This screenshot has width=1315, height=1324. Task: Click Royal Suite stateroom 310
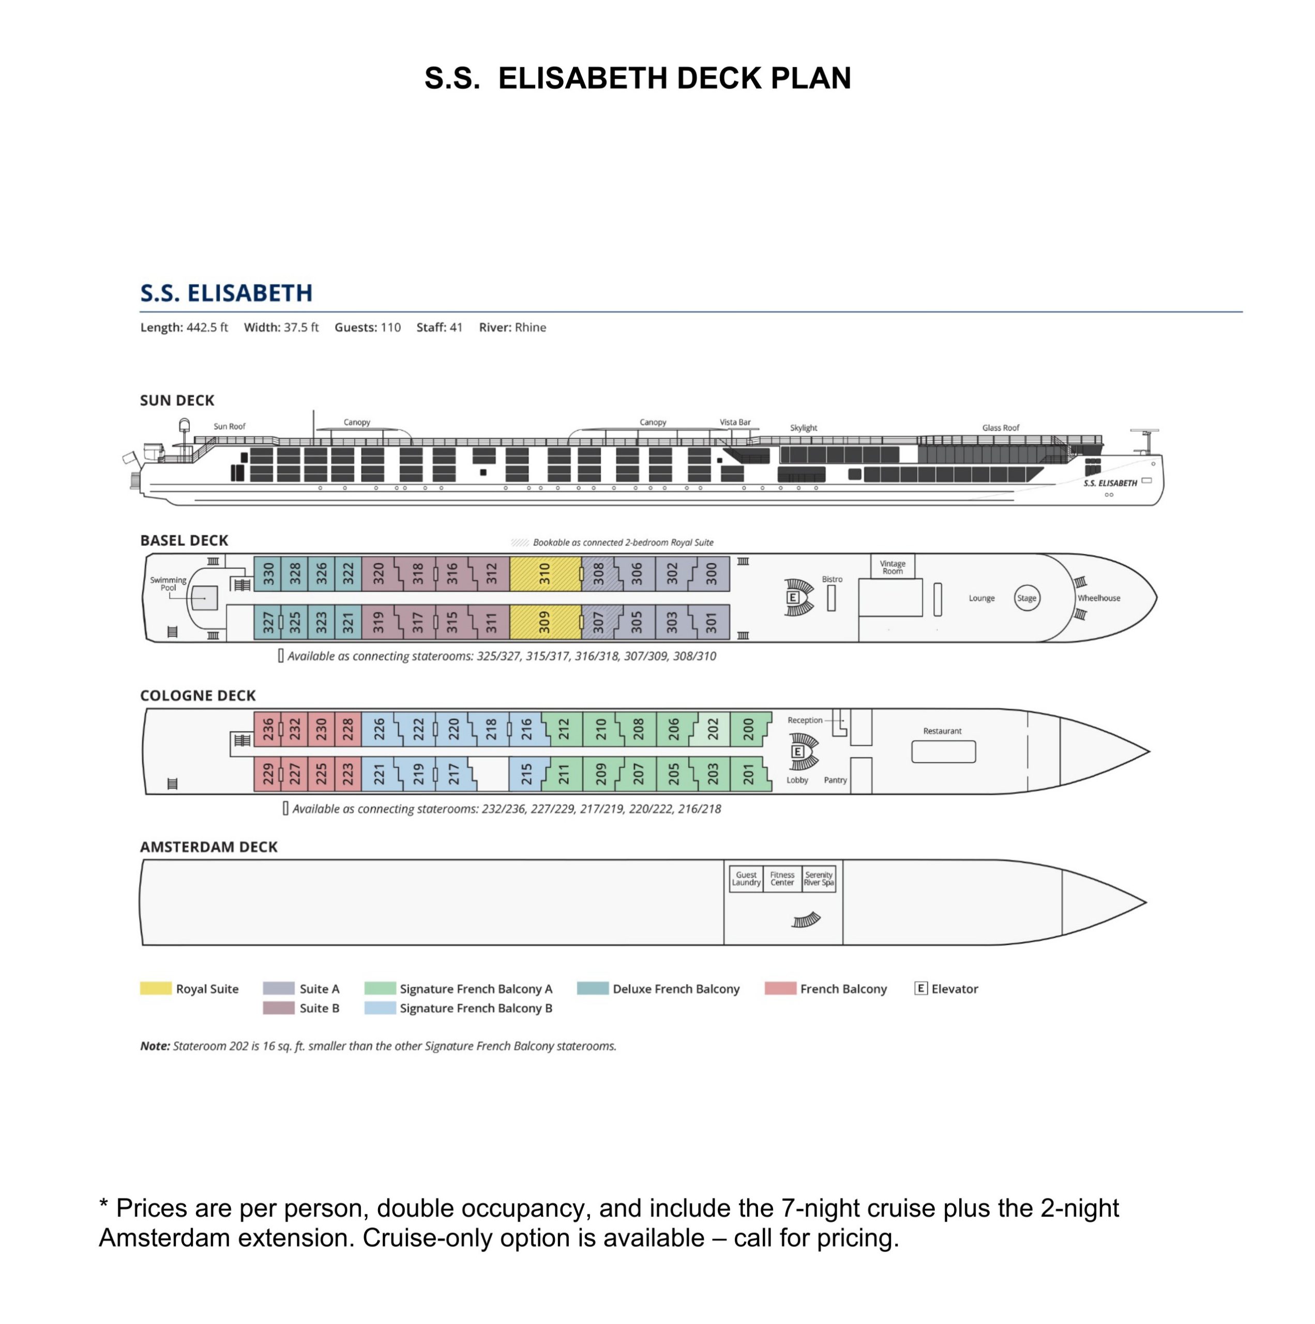545,573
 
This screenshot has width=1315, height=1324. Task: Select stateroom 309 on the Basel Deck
545,622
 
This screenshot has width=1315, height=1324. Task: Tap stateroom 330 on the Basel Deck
268,573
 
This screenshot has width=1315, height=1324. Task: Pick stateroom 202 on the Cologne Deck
713,729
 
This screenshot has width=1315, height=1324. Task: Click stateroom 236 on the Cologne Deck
267,729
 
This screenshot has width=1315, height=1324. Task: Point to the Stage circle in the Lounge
1026,598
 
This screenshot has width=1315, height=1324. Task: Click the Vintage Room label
892,567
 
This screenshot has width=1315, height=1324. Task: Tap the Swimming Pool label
168,584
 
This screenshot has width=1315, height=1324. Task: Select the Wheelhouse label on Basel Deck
1098,598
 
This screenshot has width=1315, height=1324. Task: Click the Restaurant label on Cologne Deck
942,731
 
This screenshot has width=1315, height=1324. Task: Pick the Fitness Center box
782,879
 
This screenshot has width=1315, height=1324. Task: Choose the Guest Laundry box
746,879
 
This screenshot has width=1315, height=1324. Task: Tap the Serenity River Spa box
819,879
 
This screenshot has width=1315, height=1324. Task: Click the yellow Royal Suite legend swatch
156,988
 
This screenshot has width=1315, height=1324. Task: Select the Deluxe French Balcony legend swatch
592,988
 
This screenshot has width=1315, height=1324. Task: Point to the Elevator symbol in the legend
921,988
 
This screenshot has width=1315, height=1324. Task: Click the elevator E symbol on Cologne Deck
797,752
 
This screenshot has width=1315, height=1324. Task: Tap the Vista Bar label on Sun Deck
735,422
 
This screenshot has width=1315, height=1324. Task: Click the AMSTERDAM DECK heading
208,847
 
